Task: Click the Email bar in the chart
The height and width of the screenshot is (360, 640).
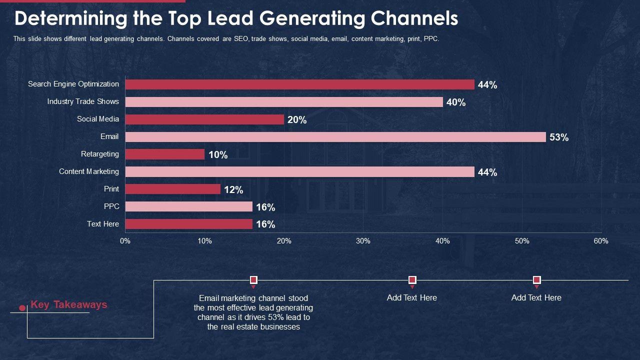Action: [335, 137]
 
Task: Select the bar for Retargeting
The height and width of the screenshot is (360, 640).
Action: [165, 154]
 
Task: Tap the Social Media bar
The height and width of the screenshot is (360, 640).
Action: [204, 119]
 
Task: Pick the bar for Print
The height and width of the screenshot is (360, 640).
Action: [172, 189]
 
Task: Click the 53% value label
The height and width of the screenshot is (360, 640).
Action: [559, 137]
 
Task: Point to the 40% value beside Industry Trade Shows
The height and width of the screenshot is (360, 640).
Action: [456, 102]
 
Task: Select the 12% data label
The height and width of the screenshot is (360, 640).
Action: [233, 190]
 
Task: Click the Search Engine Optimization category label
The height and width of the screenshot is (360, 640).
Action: [73, 84]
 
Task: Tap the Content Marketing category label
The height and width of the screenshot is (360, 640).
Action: [89, 171]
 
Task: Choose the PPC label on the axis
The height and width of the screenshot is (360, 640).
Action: [111, 206]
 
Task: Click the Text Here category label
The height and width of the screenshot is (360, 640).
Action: [103, 224]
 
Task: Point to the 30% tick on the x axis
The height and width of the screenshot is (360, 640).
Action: [363, 241]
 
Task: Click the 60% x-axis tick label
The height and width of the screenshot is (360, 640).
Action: [601, 241]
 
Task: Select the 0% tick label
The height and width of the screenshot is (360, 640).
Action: [125, 241]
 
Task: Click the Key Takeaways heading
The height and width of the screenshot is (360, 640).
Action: [69, 304]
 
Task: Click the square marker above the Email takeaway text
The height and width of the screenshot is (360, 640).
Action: [253, 280]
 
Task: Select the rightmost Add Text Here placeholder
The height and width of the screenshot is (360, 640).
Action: [536, 297]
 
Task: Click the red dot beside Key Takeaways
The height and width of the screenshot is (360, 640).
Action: [22, 308]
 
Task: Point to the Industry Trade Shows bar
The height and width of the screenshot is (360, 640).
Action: [284, 102]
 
